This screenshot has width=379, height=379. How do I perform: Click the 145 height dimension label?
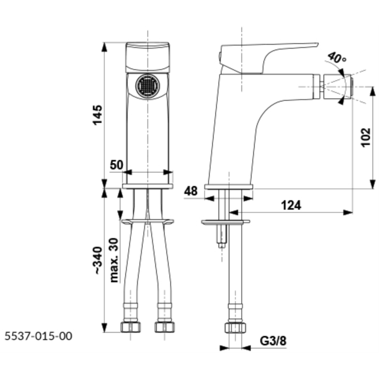coord(97,115)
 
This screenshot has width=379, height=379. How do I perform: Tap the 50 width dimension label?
coord(117,165)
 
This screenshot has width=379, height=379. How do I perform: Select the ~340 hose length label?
coord(98,260)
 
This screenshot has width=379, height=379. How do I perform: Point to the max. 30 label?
coord(114,260)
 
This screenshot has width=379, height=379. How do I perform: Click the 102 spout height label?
coord(365,137)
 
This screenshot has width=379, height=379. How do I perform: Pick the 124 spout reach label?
coord(291,206)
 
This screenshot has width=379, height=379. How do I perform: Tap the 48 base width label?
coord(191,191)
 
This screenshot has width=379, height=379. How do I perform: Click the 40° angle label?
coord(337,58)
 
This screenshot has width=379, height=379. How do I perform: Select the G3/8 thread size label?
coord(273,341)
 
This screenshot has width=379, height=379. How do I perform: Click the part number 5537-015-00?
coord(38,336)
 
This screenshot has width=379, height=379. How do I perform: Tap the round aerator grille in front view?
coord(148,86)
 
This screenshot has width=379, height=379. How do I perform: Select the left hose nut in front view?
coord(131,327)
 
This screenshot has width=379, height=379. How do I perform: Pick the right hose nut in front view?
coord(165,327)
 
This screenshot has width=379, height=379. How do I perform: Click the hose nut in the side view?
coord(235,327)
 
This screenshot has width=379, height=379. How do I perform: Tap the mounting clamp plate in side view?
coord(225,222)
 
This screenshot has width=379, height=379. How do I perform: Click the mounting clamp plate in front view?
coord(148,222)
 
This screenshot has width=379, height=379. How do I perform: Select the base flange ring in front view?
coord(148,186)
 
